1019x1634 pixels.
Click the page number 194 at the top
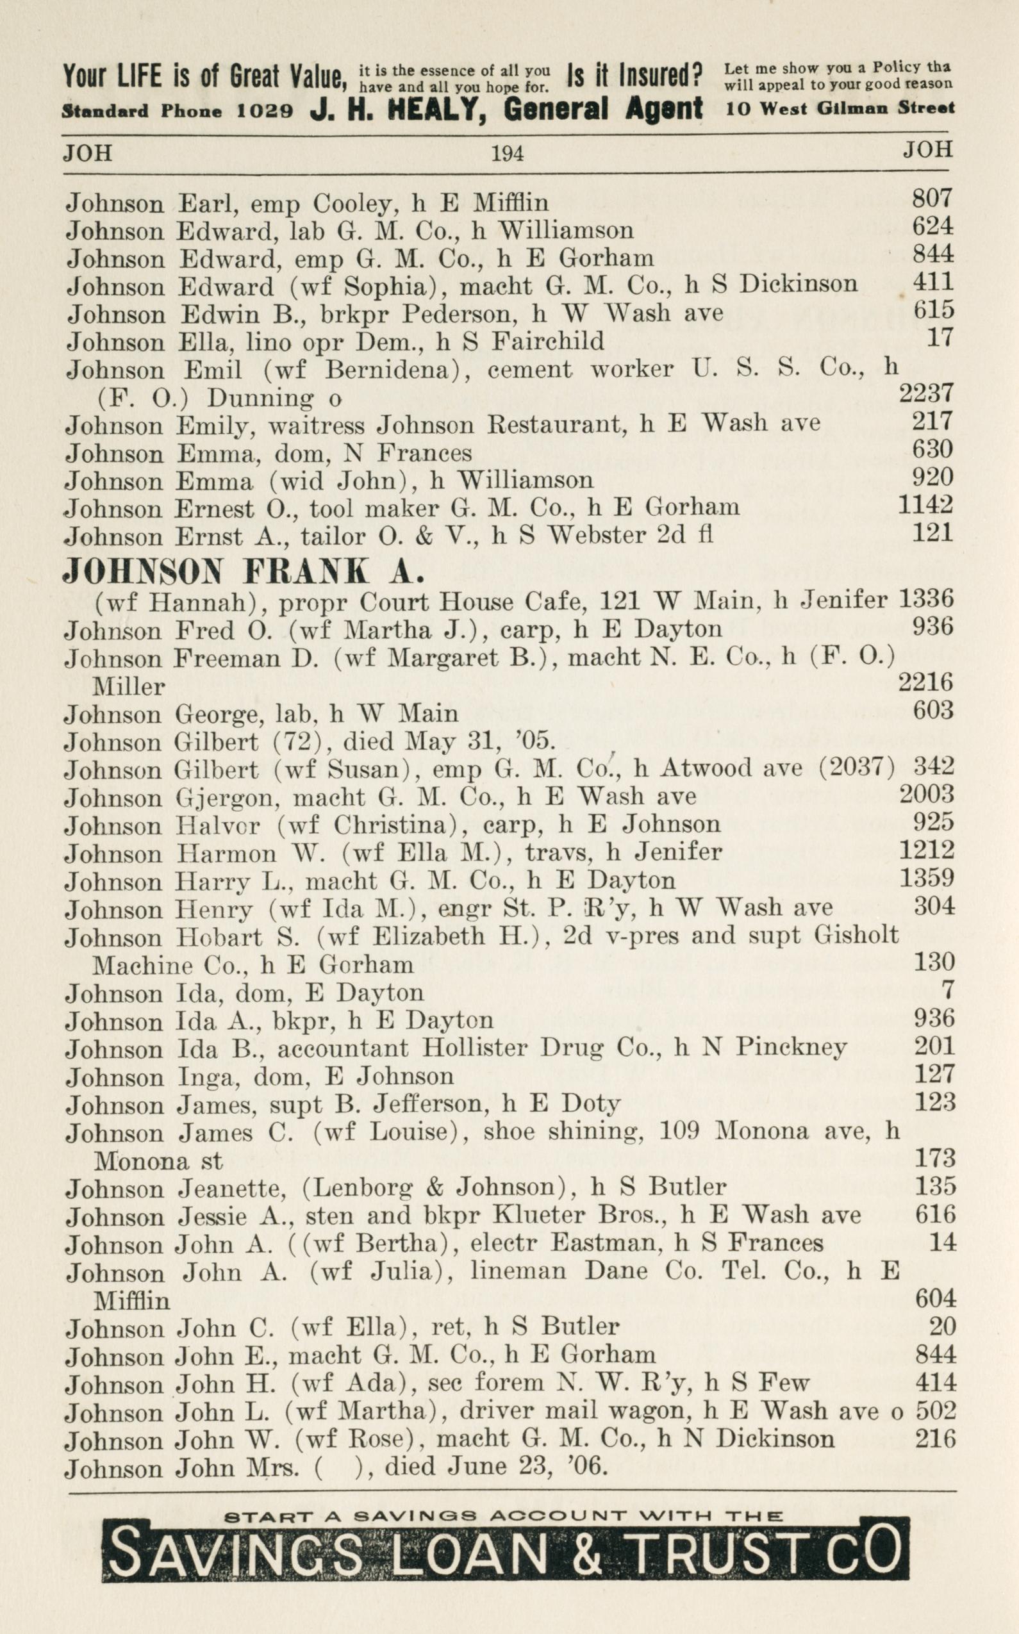coord(507,154)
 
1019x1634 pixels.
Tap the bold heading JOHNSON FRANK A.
coord(244,572)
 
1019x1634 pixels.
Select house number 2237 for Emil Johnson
coord(926,393)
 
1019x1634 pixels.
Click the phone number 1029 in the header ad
coord(264,111)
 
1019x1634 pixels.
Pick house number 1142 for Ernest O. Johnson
coord(926,505)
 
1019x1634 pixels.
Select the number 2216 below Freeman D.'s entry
coord(926,683)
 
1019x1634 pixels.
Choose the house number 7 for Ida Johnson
coord(949,991)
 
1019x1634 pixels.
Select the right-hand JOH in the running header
coord(928,150)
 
